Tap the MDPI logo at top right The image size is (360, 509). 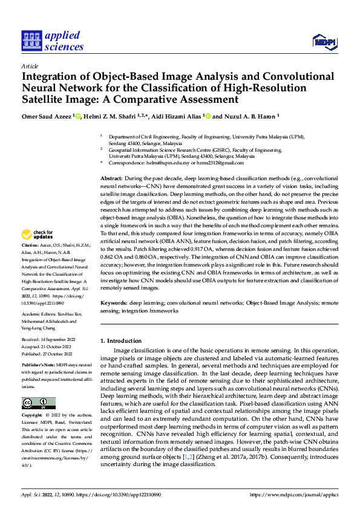point(324,42)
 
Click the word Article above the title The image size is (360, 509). point(30,66)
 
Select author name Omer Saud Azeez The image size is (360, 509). point(47,116)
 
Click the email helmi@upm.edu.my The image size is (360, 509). point(155,163)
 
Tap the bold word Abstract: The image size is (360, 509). point(111,180)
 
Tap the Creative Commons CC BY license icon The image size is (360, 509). point(38,403)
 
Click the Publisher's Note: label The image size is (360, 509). point(38,366)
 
